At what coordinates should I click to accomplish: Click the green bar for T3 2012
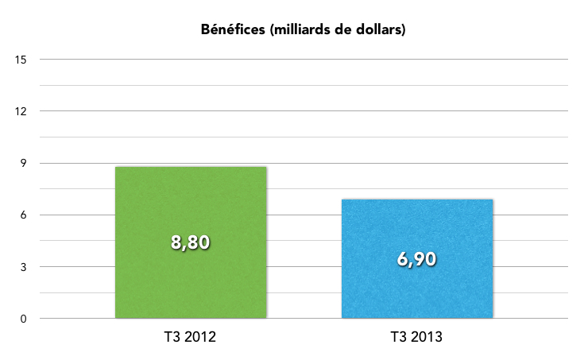point(191,278)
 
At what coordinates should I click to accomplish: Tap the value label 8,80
point(191,242)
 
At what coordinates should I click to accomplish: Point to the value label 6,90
point(416,259)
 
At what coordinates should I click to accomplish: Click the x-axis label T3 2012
point(190,338)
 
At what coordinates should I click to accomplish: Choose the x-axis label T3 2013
point(416,338)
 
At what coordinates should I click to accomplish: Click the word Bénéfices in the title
point(232,31)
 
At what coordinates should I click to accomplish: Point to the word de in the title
point(342,31)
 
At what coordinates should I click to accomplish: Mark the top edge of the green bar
point(191,167)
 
